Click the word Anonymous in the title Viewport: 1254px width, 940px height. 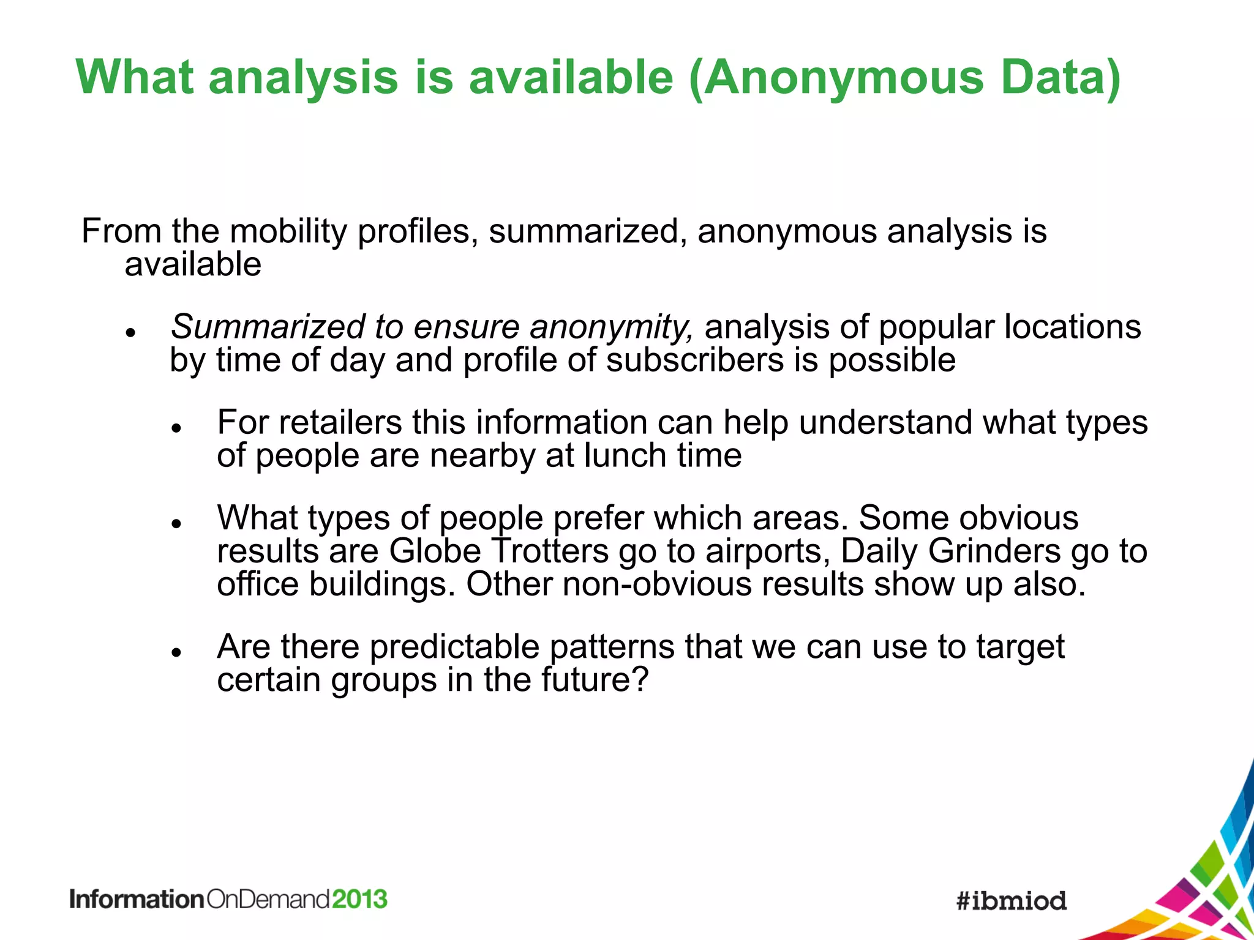click(843, 78)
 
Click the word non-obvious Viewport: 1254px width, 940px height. click(656, 584)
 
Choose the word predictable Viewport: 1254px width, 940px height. click(454, 647)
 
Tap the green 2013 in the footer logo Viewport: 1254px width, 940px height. click(360, 900)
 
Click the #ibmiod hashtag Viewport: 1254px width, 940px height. click(1012, 901)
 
